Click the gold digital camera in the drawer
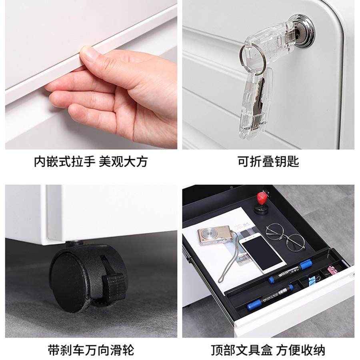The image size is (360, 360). coord(214,237)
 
